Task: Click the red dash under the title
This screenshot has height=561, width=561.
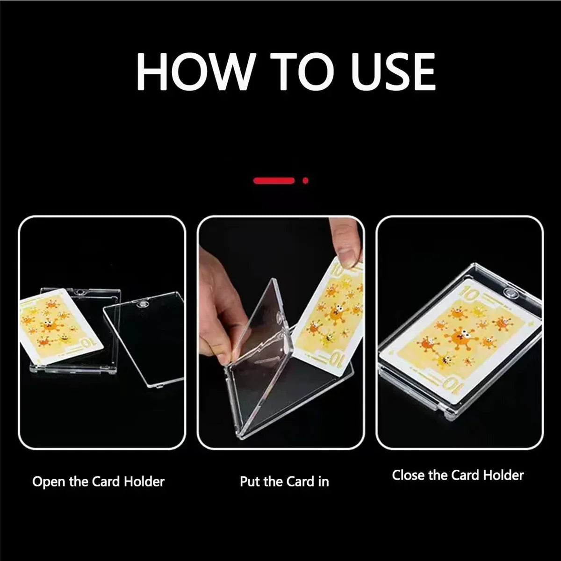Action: click(x=273, y=181)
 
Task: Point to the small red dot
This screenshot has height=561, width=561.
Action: click(x=305, y=181)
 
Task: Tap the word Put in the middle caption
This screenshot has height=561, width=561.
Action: click(x=250, y=482)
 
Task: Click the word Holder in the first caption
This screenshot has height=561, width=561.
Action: click(x=144, y=482)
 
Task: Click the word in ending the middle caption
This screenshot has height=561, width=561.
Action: click(x=324, y=482)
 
